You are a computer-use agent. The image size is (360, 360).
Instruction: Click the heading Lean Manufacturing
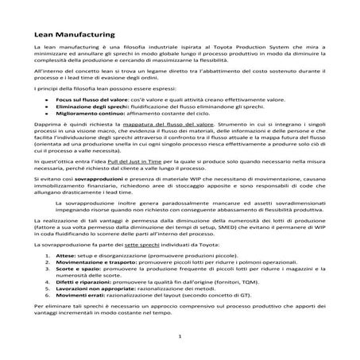[x=75, y=35]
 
